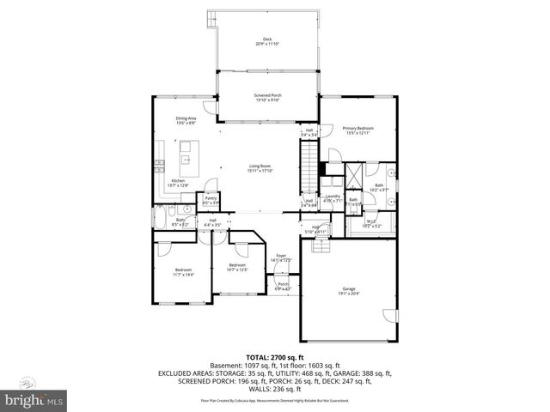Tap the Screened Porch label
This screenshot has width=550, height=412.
click(267, 97)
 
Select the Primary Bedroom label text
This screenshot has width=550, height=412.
click(358, 129)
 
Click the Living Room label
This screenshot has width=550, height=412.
click(260, 167)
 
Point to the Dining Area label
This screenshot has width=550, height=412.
click(186, 120)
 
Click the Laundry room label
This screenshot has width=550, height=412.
click(333, 198)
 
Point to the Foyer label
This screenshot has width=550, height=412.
click(280, 257)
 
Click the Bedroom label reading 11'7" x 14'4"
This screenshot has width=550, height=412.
click(184, 272)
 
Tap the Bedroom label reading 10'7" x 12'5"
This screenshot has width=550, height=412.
click(237, 268)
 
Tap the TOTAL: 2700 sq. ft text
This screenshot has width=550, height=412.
click(274, 355)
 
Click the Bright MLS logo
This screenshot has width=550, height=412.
click(34, 399)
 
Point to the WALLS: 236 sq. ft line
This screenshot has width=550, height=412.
click(274, 391)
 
